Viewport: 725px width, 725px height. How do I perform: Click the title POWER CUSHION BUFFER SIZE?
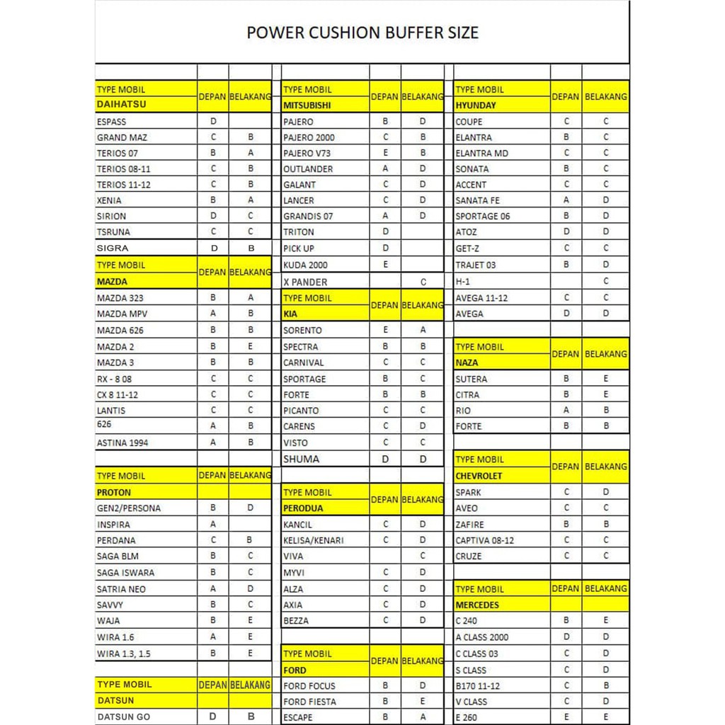pos(362,33)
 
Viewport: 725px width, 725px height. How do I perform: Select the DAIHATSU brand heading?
pos(121,105)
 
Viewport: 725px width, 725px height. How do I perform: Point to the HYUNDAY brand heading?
pos(476,105)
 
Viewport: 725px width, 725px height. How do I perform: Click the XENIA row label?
pos(109,200)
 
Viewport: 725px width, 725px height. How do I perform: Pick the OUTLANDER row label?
pos(308,169)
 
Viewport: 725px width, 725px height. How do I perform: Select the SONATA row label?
pos(472,169)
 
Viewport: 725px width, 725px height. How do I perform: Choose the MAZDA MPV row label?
pos(122,314)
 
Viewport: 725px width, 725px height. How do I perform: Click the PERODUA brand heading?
pos(303,508)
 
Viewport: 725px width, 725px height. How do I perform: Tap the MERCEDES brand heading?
pos(477,605)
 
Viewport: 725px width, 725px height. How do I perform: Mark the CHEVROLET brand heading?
pos(479,476)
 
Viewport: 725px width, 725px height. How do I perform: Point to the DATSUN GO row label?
pos(123,717)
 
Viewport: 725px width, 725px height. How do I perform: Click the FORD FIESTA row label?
pos(309,702)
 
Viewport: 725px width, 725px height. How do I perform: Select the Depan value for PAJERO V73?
pos(385,153)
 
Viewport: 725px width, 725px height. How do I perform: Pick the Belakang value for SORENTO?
pos(423,330)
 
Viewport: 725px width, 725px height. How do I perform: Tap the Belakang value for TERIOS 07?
pos(251,153)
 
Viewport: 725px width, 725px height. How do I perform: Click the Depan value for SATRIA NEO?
pos(213,588)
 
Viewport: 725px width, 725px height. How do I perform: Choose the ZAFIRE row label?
pos(470,525)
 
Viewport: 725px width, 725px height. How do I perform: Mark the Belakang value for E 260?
pos(606,717)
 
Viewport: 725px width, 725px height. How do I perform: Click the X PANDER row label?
pos(305,282)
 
